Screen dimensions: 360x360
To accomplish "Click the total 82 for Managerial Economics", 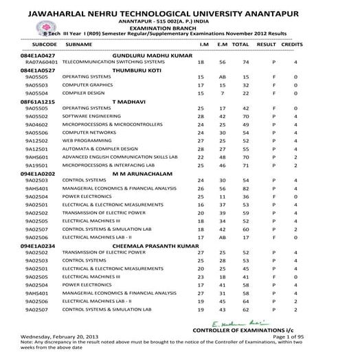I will tap(240, 189).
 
